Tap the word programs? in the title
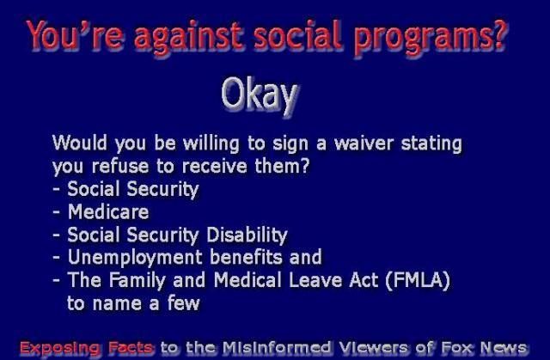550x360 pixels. [431, 38]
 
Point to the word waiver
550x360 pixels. [364, 143]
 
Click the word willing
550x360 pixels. [211, 144]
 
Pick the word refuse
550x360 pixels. [120, 166]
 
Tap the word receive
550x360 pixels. [214, 166]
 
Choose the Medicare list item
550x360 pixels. [108, 211]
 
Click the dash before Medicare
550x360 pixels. [56, 212]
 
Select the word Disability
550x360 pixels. [247, 235]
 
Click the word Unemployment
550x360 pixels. [135, 258]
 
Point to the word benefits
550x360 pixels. [247, 257]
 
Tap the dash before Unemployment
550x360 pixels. [56, 258]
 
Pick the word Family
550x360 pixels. [137, 281]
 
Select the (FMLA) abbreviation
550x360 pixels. [418, 281]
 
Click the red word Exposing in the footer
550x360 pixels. [59, 348]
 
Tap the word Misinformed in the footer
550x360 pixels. [277, 347]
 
